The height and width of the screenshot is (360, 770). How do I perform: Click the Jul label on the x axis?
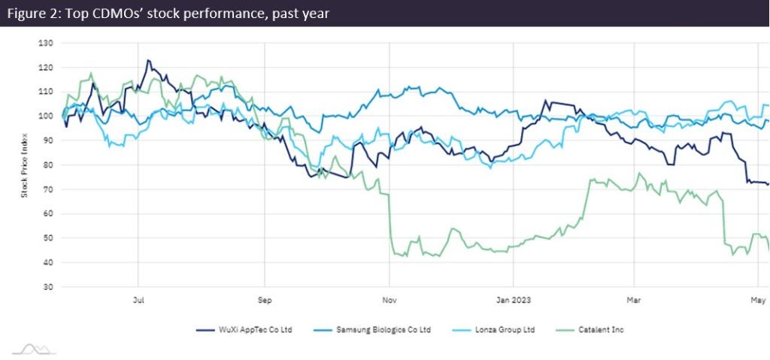138,300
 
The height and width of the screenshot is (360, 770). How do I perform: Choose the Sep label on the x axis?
264,300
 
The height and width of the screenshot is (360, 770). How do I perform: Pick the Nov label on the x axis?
389,300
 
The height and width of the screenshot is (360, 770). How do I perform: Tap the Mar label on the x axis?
635,300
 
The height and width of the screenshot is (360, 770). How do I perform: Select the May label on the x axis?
756,300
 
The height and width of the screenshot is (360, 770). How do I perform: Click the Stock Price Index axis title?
24,165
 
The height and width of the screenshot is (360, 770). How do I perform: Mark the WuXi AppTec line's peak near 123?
148,60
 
